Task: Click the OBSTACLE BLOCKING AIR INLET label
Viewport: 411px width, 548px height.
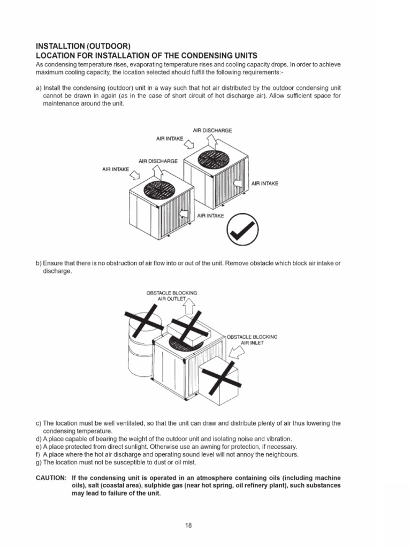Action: [253, 339]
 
